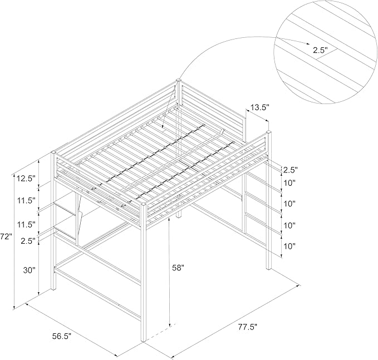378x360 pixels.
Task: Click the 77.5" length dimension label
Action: (248, 327)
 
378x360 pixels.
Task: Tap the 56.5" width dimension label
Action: (62, 336)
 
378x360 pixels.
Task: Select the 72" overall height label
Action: (6, 237)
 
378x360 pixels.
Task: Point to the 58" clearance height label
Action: (178, 268)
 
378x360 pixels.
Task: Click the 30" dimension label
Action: (29, 270)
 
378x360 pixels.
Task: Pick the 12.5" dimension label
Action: (26, 179)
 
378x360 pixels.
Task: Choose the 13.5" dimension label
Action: (259, 107)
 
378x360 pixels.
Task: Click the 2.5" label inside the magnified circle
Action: (321, 50)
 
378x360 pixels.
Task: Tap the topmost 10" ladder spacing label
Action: (289, 183)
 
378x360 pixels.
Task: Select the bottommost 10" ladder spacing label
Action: (289, 246)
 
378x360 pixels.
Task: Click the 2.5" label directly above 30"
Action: (28, 241)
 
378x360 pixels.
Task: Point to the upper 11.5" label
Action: (26, 200)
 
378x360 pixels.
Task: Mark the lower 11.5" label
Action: (26, 225)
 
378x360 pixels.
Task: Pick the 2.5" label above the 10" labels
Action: (291, 170)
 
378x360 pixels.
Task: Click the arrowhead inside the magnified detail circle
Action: (308, 43)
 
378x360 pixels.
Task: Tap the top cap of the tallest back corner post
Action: (179, 80)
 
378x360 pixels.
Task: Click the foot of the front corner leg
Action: (144, 341)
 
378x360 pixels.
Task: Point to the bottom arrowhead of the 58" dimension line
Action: (170, 324)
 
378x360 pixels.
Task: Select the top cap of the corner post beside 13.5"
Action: (269, 132)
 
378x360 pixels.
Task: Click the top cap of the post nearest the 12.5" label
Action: (53, 152)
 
